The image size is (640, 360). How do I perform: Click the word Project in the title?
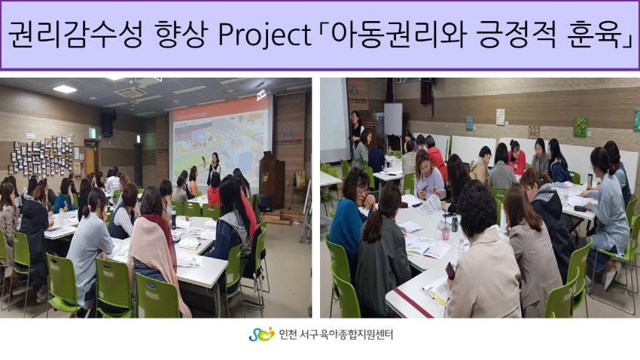point(264,35)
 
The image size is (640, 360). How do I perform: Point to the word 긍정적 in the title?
point(516,35)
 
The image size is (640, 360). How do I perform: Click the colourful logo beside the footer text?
point(261,334)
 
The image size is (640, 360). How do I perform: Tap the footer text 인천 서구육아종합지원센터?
point(336,334)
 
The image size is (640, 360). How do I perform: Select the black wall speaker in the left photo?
point(108,124)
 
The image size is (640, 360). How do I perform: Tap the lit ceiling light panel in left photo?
point(65,89)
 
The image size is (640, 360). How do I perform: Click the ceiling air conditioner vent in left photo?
point(132,93)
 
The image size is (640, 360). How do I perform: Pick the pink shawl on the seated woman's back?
point(157,253)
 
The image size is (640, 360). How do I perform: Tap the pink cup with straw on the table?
point(445,230)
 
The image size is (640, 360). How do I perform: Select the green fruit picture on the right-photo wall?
point(581,127)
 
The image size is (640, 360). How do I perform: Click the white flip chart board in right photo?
point(393,119)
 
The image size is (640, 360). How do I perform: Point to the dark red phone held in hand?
point(450,270)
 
